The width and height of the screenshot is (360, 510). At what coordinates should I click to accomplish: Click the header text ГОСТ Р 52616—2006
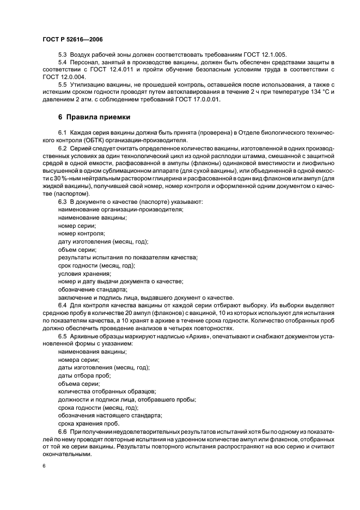72,40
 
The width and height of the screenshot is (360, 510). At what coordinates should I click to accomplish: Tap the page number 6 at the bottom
44,466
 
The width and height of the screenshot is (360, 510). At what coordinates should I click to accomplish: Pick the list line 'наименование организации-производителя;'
120,210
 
